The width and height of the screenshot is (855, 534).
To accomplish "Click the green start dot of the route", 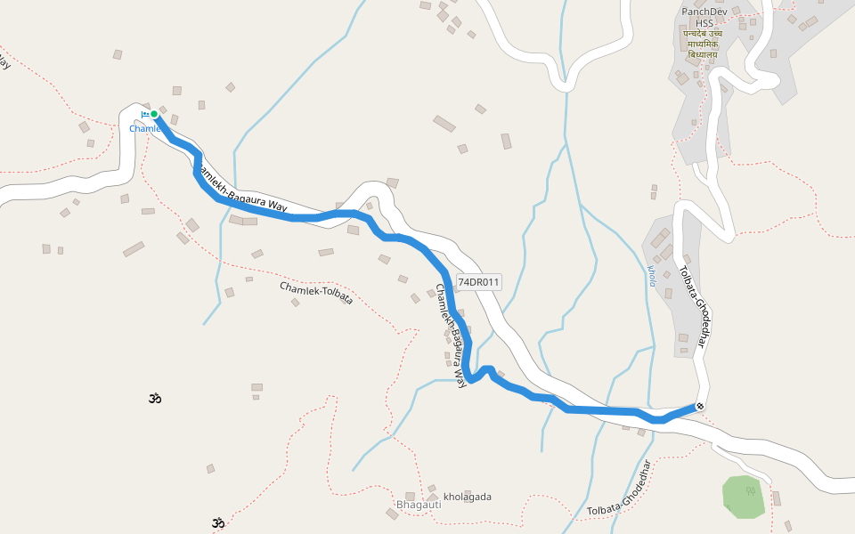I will [154, 114].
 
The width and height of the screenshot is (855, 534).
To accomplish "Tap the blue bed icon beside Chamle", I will [144, 114].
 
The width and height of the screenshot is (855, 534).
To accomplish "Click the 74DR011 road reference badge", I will [479, 282].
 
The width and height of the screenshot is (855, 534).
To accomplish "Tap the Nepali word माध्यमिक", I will [703, 44].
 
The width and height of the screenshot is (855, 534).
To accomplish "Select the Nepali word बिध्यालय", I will [703, 54].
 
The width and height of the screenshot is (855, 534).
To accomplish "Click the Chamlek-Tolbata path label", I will [316, 293].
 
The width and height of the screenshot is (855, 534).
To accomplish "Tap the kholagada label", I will [468, 497].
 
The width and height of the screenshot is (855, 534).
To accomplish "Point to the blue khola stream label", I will [651, 275].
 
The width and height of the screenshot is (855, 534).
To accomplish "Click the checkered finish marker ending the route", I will [700, 407].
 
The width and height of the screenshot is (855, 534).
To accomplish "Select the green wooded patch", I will [743, 497].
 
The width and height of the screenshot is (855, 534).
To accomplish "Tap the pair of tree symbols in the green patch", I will [751, 490].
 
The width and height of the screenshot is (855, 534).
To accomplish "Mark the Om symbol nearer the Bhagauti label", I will [217, 522].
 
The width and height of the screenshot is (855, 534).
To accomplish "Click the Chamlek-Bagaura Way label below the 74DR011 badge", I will [451, 335].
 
